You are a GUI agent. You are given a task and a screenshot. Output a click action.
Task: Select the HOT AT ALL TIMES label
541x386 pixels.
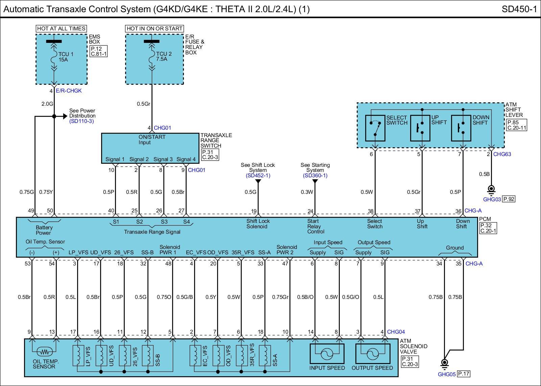[61, 29]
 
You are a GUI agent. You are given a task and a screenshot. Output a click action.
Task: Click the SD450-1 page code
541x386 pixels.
[519, 9]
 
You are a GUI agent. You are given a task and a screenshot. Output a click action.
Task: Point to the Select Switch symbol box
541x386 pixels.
[375, 128]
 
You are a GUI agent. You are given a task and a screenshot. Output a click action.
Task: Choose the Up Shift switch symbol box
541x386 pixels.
[420, 128]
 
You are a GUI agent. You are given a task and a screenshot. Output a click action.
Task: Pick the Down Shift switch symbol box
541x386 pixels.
[461, 128]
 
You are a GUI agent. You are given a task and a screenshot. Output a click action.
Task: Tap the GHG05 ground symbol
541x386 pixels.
[445, 363]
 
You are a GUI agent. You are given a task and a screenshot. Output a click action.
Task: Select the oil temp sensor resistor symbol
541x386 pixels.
[44, 352]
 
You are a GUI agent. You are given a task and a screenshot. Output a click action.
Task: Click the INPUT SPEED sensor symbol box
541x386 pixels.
[327, 354]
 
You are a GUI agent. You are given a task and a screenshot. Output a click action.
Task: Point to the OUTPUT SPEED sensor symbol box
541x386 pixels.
[372, 354]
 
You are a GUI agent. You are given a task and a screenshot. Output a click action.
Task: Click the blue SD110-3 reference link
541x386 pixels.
[81, 121]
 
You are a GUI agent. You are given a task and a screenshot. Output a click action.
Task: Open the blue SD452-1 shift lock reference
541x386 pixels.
[258, 176]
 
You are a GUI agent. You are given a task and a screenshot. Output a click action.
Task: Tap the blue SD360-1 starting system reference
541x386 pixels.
[315, 176]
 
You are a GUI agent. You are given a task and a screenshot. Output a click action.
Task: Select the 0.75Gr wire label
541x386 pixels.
[280, 297]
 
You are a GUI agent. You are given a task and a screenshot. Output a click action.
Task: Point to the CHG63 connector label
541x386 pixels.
[502, 154]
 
